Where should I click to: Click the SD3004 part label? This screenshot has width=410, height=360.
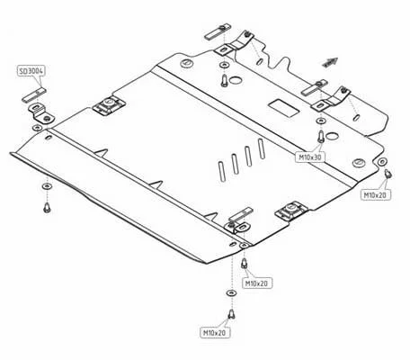tap(31, 71)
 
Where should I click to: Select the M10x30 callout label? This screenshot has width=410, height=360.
tap(310, 157)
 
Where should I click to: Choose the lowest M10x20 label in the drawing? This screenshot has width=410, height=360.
tap(215, 333)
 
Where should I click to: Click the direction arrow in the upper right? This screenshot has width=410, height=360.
tap(330, 62)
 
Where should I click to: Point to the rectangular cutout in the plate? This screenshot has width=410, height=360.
tap(284, 108)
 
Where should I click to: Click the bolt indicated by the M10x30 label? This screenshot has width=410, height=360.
tap(321, 136)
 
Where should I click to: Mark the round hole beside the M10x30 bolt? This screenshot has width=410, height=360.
tap(332, 137)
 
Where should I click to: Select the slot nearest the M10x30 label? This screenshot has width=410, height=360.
tap(262, 148)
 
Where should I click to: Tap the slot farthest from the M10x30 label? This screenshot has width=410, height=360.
tap(222, 171)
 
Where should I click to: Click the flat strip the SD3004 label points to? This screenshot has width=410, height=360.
tap(34, 94)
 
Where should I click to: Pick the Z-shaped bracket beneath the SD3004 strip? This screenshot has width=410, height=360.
tap(40, 113)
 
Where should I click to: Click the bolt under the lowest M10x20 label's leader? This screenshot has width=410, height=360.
tap(231, 315)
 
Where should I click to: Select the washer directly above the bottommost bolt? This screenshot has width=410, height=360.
tap(231, 292)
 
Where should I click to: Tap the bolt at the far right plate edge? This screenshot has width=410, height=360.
tap(388, 174)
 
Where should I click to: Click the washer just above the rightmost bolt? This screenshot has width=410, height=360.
tap(382, 161)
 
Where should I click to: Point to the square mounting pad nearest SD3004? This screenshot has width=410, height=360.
tap(109, 105)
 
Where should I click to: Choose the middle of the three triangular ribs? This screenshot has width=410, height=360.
tap(156, 184)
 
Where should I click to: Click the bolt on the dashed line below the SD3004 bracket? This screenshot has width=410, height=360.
tap(47, 208)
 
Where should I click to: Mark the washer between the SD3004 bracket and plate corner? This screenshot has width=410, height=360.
tap(37, 128)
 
